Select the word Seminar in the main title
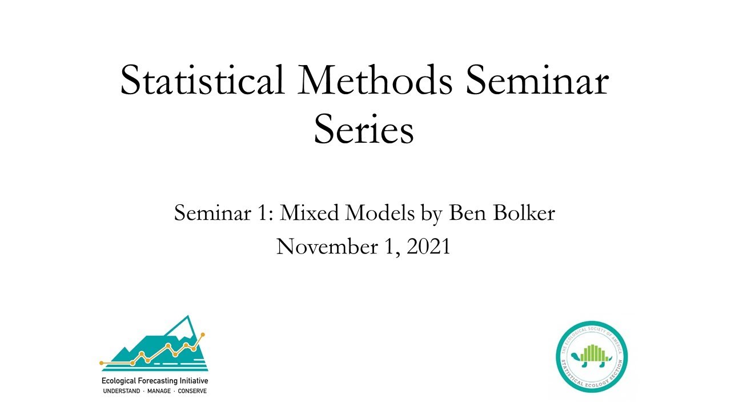point(537,80)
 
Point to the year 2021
point(428,247)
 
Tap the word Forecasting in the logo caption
point(162,381)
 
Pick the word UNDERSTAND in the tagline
point(121,391)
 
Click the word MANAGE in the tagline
point(159,391)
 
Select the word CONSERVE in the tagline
point(192,391)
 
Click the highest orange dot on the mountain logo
point(203,335)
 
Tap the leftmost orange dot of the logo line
point(102,362)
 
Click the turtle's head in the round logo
point(608,358)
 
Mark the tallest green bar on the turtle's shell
point(592,352)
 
